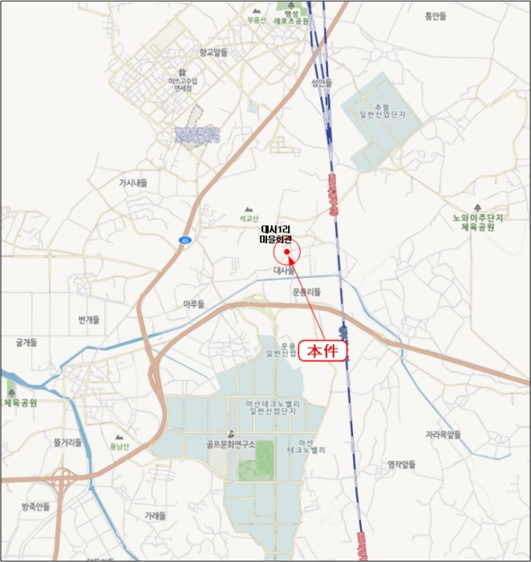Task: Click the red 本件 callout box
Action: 324,350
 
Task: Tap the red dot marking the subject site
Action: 286,252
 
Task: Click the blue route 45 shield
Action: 184,240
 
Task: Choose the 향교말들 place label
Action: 214,52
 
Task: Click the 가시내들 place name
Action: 133,182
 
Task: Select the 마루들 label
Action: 194,304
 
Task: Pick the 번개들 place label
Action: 88,320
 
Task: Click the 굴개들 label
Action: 26,342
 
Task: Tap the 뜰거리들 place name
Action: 67,442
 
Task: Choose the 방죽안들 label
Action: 36,506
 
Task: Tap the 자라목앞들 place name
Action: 444,434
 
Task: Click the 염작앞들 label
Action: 402,464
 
